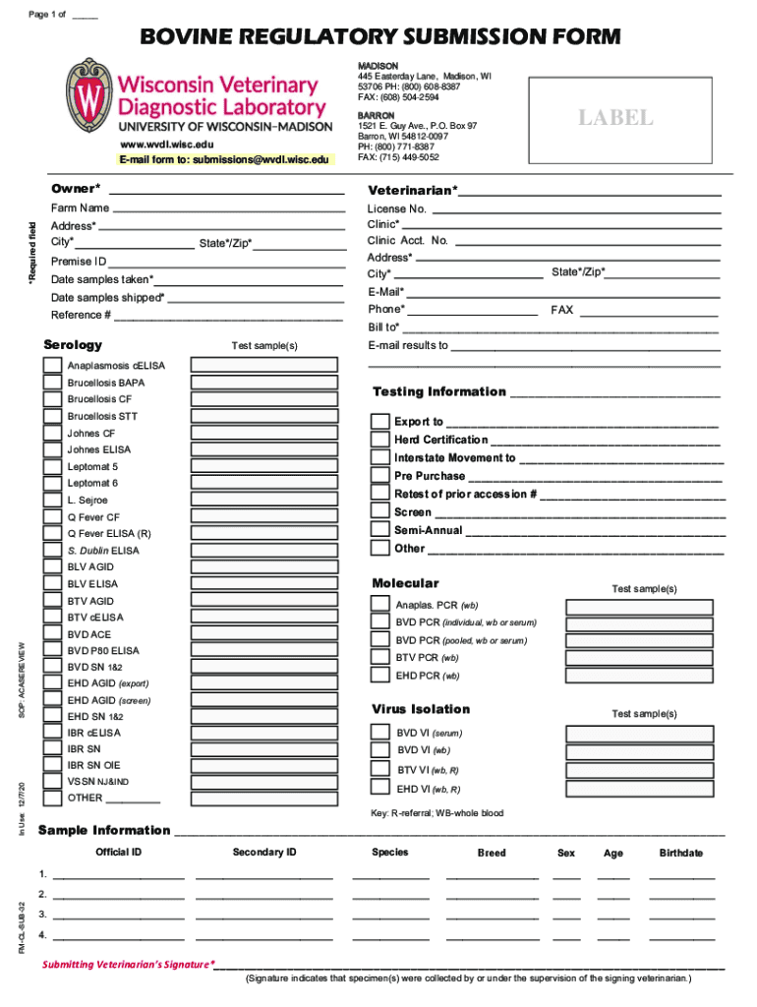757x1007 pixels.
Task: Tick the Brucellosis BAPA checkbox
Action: (51, 383)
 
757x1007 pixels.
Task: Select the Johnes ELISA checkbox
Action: (51, 449)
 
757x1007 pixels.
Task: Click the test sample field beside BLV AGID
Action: (262, 567)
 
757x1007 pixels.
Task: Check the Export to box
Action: (379, 421)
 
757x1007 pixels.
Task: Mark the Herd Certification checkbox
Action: (379, 440)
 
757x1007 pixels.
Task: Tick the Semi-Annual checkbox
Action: (379, 530)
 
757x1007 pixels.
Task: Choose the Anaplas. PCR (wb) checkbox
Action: (379, 605)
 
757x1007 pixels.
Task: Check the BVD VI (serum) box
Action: (379, 733)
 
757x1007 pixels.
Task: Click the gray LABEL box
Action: (614, 118)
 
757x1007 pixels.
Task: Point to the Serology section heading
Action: (73, 345)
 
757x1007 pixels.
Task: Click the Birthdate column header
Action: (680, 853)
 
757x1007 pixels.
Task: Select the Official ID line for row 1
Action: (118, 873)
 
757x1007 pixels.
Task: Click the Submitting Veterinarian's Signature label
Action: (128, 965)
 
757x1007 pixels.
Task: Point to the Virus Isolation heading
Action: (421, 709)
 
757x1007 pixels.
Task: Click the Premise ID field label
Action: (79, 262)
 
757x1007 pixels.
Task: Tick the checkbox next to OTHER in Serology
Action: (51, 798)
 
